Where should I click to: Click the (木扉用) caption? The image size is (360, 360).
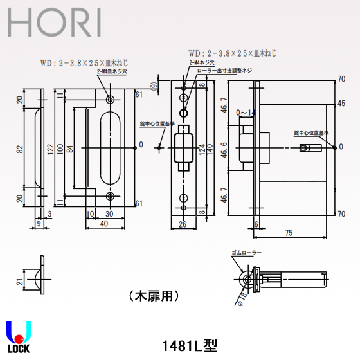point(153,296)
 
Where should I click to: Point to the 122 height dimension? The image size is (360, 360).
point(50,147)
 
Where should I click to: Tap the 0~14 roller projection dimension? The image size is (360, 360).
point(245,113)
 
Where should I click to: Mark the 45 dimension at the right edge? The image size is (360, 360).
point(341,103)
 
